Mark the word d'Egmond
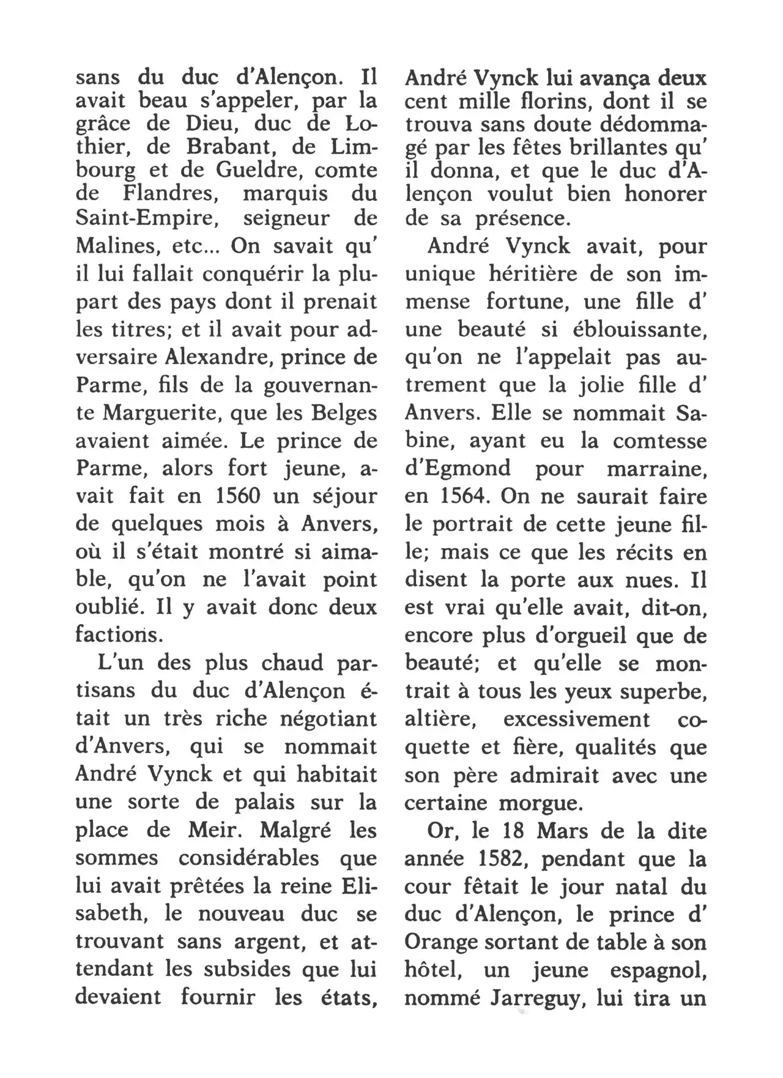[458, 469]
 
